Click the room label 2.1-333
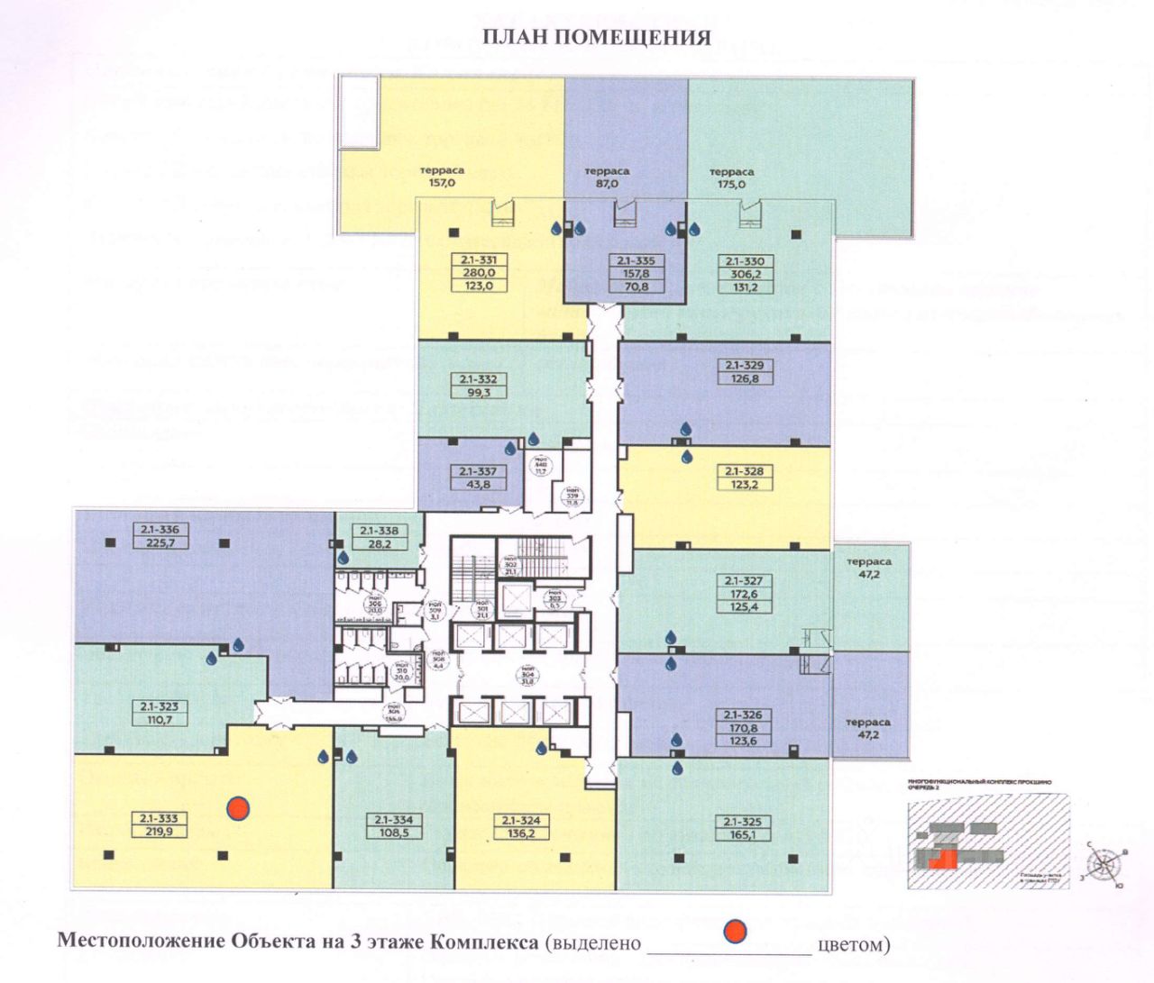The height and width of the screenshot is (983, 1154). tap(159, 819)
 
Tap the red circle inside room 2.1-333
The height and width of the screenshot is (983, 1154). tap(238, 808)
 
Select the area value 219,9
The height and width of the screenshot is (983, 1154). tap(159, 832)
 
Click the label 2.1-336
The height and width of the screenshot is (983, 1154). tap(159, 530)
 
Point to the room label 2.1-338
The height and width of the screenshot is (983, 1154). tap(379, 531)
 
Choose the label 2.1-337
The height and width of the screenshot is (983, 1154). tap(478, 471)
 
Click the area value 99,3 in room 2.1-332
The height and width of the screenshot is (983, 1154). tap(478, 392)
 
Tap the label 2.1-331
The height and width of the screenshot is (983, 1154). tap(478, 260)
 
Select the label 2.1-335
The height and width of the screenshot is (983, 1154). tap(636, 261)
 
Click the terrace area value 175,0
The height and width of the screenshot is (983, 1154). tap(731, 184)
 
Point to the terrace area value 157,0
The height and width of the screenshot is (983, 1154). tap(442, 182)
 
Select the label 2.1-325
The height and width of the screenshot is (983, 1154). tap(743, 822)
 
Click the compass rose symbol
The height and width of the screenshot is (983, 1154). tap(1104, 864)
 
